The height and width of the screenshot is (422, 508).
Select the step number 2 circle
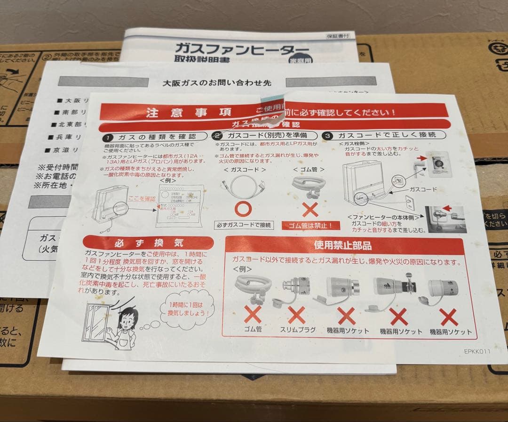point(217,136)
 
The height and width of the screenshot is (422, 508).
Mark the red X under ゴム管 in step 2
point(310,207)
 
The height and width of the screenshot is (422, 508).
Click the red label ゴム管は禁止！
point(310,226)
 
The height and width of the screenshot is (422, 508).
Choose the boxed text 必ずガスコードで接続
point(243,225)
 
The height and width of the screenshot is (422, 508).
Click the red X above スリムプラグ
point(297,314)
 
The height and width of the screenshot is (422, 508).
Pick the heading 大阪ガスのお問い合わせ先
point(217,82)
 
